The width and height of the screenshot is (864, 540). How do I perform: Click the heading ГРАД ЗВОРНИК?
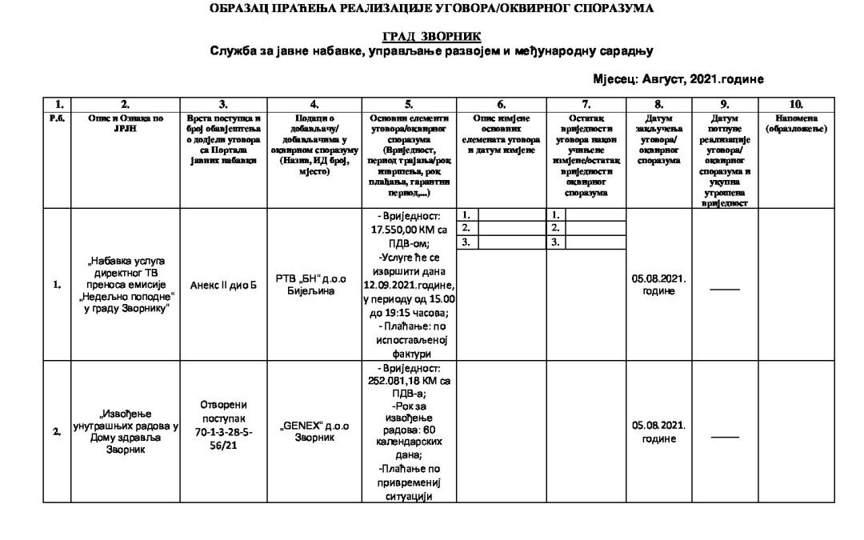(x=431, y=37)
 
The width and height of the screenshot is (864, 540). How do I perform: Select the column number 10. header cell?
(x=795, y=104)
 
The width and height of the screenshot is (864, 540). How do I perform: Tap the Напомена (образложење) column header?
(x=795, y=122)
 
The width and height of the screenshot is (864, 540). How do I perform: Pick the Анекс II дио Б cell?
(x=223, y=285)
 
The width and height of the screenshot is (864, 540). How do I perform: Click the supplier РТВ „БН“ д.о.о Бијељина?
(x=314, y=285)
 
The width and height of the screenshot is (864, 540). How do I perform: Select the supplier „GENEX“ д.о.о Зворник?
(x=314, y=432)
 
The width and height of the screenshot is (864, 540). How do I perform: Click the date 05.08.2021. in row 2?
(x=658, y=426)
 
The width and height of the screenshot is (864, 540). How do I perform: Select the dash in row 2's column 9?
(x=724, y=437)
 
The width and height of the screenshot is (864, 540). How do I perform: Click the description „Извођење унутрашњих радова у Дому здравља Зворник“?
(x=126, y=432)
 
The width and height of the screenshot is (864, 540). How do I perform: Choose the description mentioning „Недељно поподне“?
(x=126, y=285)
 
